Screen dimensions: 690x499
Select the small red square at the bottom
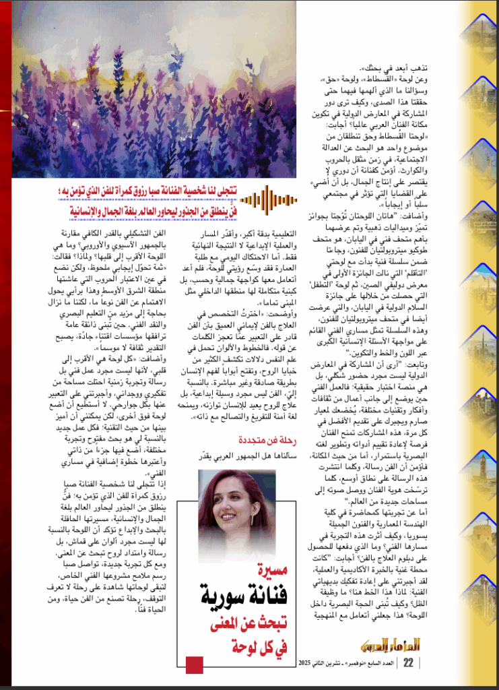194,665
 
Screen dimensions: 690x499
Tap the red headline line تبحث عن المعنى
240,625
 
